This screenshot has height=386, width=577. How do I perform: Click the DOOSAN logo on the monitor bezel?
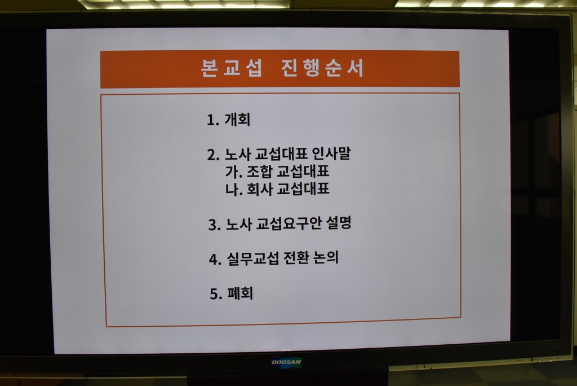click(286, 362)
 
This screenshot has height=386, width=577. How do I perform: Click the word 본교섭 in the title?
click(232, 68)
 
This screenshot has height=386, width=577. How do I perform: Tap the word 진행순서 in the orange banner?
click(322, 68)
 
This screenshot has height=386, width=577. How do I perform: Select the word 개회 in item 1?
click(237, 120)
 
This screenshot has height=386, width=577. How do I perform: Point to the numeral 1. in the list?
click(213, 120)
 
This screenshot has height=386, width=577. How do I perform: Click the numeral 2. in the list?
click(214, 155)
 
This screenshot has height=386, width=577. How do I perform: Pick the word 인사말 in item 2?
click(331, 153)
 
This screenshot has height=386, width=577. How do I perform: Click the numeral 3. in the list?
click(215, 225)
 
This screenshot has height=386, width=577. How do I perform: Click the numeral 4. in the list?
click(215, 260)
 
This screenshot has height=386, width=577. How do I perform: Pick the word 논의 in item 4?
click(326, 257)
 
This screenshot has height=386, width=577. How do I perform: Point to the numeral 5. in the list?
click(216, 294)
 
